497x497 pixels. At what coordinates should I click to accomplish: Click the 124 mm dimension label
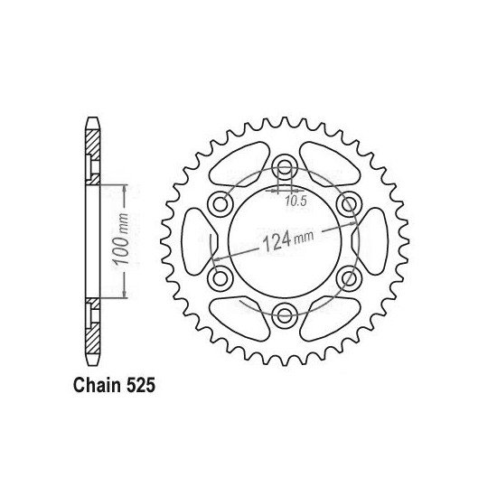coord(288,239)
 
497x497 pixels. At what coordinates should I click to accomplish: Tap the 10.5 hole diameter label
coord(295,201)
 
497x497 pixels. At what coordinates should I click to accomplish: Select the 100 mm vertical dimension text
coord(121,239)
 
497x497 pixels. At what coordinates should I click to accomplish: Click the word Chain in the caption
coord(97,386)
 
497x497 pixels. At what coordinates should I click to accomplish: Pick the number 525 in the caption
coord(141,386)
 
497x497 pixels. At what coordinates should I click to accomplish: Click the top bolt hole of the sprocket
coord(285,167)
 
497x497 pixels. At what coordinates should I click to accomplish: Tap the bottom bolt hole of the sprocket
coord(285,314)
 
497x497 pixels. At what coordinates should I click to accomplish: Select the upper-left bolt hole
coord(220,204)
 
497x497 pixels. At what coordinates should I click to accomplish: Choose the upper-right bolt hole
coord(349,204)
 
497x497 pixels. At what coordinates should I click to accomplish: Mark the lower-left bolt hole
coord(220,278)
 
